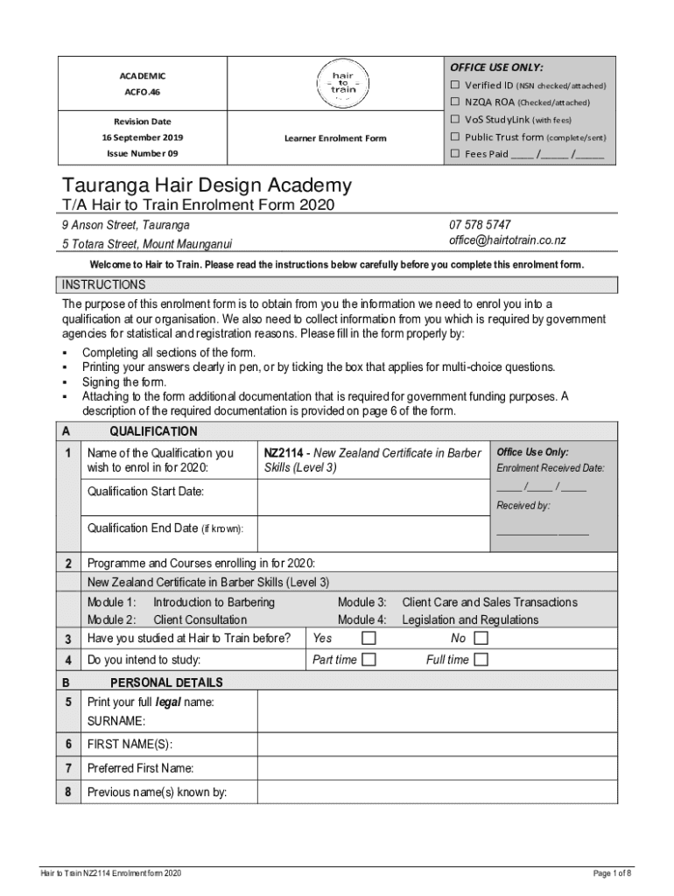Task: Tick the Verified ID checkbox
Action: [x=455, y=85]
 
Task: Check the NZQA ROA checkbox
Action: [x=455, y=102]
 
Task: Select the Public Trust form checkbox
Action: [x=455, y=136]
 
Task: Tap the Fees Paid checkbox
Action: [x=455, y=154]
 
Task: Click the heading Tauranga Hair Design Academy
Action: [x=207, y=185]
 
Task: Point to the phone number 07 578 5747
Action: [x=480, y=225]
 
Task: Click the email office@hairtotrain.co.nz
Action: [x=507, y=241]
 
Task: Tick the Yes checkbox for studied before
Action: [x=369, y=638]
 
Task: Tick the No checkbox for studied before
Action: [x=481, y=638]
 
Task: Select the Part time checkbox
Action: [x=369, y=660]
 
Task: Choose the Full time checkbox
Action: [x=481, y=660]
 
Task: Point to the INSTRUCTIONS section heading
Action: [x=103, y=285]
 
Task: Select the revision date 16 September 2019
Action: [x=142, y=137]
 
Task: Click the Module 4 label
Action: [x=362, y=619]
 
